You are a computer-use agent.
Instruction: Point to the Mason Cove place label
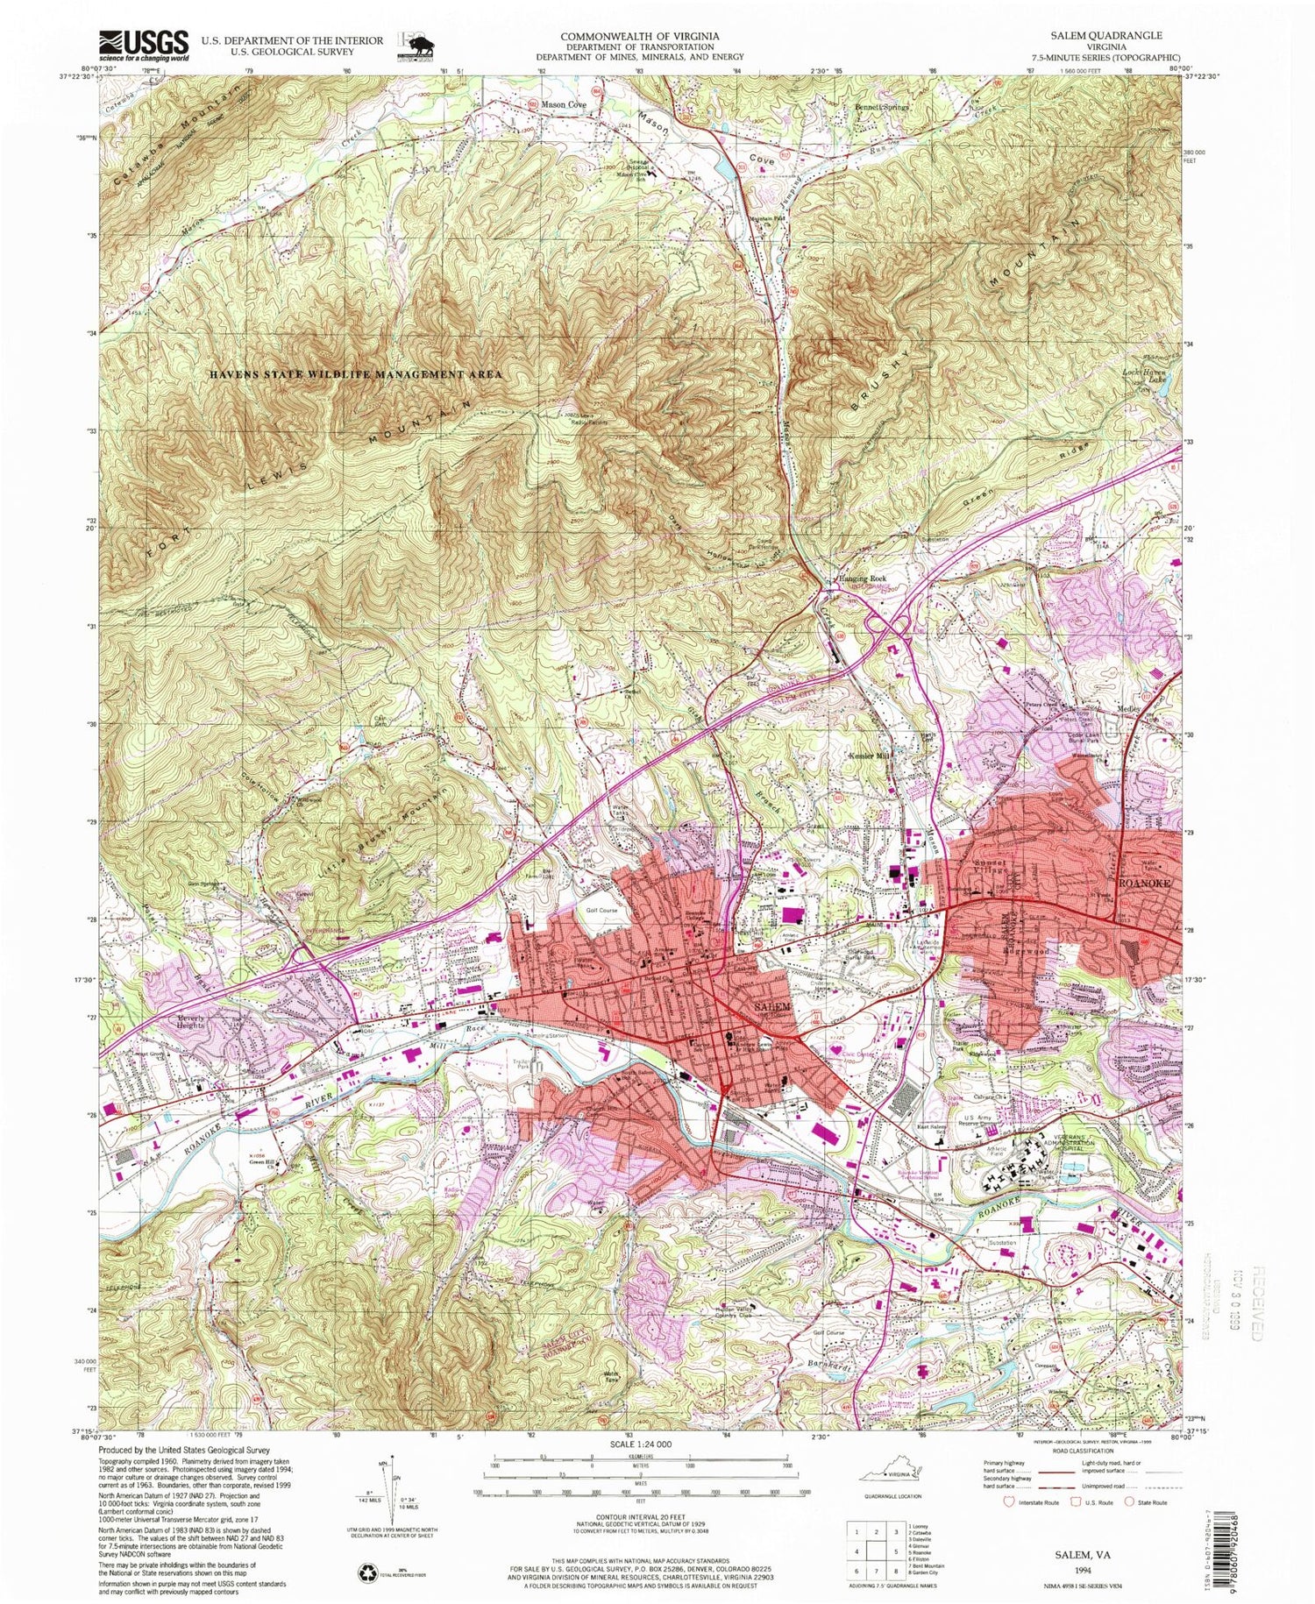coord(563,103)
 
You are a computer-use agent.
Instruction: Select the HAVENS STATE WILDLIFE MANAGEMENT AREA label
coord(356,374)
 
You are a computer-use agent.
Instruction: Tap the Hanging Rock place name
coord(858,579)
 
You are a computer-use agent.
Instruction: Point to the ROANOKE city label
coord(1142,884)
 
